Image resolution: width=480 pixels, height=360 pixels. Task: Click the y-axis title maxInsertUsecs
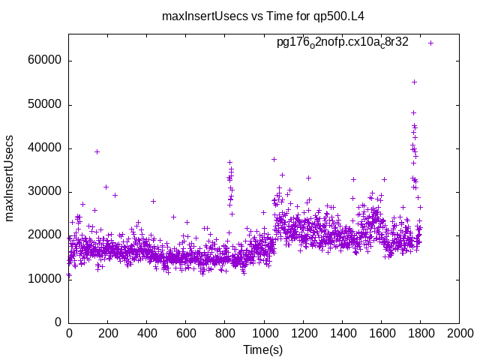tap(10, 178)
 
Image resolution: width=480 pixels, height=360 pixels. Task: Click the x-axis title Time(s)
tap(262, 349)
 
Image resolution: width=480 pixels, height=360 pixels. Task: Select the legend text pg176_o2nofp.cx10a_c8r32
tap(343, 42)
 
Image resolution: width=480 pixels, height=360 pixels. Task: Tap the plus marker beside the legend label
tap(431, 43)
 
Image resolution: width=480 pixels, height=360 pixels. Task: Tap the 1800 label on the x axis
tap(420, 334)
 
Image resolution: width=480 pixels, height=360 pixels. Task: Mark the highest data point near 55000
tap(414, 82)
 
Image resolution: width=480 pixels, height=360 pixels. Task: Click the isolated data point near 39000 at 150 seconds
tap(97, 151)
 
